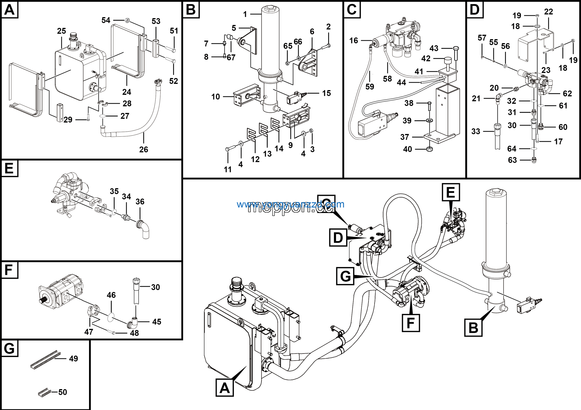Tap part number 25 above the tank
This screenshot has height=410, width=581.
click(61, 31)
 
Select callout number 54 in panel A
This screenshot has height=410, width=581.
click(106, 20)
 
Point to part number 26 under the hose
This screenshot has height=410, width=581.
click(143, 149)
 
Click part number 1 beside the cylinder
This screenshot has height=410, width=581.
click(245, 14)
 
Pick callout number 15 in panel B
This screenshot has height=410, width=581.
click(326, 93)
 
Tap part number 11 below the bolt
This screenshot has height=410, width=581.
click(227, 169)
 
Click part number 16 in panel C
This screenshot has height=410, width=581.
click(354, 40)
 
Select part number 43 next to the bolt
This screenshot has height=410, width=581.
click(434, 48)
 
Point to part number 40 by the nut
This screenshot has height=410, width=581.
click(407, 149)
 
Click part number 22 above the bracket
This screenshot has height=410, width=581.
click(548, 12)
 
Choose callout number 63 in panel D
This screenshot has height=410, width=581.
click(512, 160)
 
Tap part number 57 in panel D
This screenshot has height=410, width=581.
click(482, 38)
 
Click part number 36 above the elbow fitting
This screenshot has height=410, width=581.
click(140, 201)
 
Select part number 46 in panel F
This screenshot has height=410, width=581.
click(111, 295)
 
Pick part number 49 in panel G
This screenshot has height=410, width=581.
click(73, 359)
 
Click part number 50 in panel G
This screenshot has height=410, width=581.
click(62, 392)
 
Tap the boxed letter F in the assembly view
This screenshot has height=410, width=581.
click(411, 323)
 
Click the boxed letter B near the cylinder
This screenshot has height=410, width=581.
click(473, 328)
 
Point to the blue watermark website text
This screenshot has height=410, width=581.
click(290, 204)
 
